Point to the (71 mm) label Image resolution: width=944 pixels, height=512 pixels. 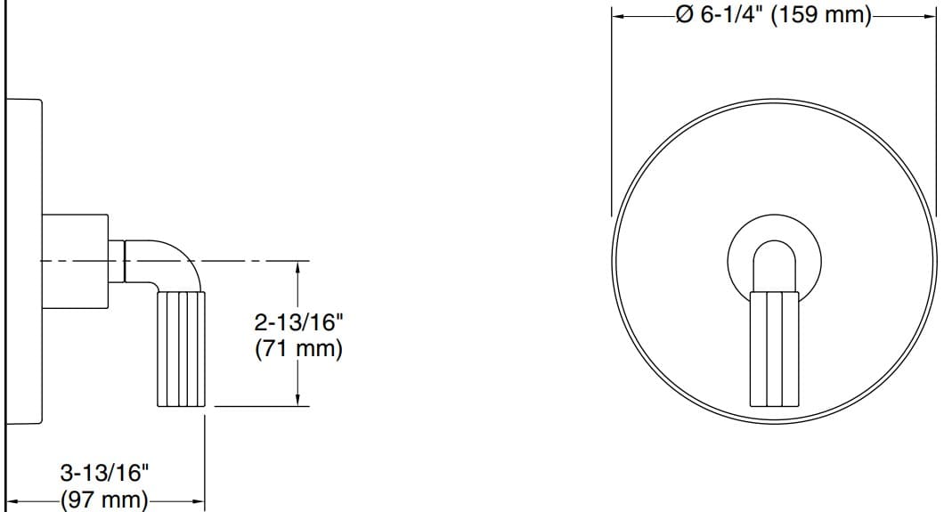tap(297, 349)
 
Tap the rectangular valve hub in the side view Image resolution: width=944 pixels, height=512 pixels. tap(75, 261)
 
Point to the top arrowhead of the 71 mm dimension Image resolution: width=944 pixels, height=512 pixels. tap(298, 265)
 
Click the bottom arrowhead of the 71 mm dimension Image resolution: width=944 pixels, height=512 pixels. tap(298, 401)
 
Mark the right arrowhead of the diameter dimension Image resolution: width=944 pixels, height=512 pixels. tap(930, 15)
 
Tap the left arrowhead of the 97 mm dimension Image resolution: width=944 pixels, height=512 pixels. tap(12, 502)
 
